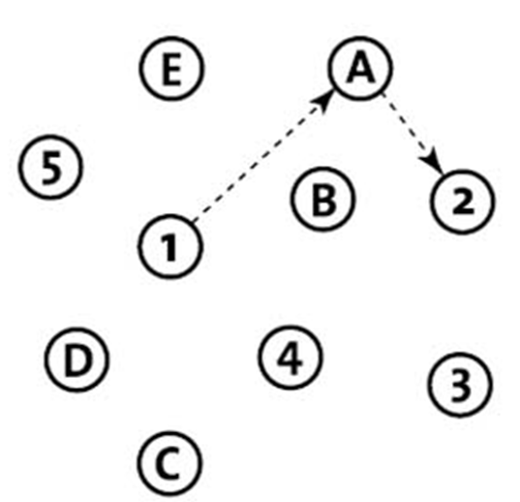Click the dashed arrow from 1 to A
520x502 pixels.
click(x=263, y=155)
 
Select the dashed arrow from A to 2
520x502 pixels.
click(x=413, y=134)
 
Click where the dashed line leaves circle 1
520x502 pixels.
click(x=195, y=220)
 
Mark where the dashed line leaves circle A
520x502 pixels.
click(x=382, y=94)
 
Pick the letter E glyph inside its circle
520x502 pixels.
click(x=171, y=70)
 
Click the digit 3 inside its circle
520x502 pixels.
click(x=461, y=385)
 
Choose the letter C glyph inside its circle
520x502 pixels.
click(x=169, y=463)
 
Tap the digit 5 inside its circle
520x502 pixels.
click(x=51, y=167)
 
